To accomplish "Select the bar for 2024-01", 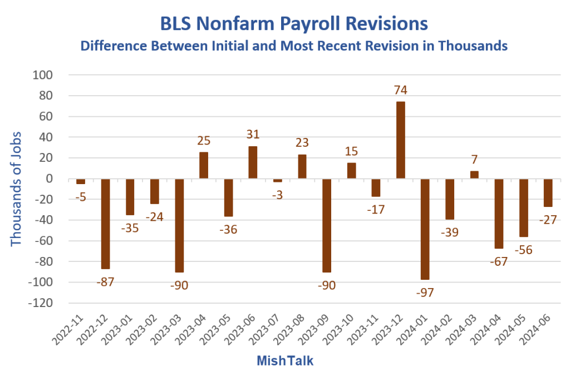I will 425,229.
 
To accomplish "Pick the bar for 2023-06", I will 253,162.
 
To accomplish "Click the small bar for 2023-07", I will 277,180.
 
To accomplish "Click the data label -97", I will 424,291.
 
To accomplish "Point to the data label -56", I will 523,250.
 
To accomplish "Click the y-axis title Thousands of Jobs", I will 16,189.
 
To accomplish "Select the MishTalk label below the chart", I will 285,361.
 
